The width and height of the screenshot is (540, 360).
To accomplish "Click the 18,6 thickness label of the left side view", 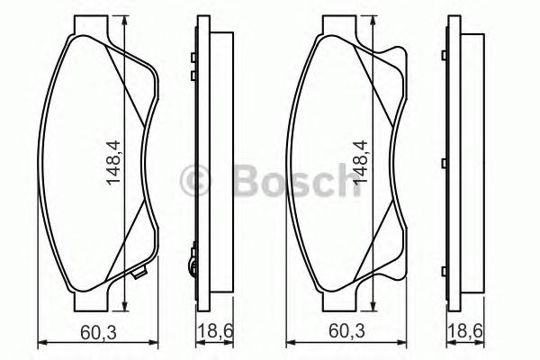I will pos(209,332).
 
